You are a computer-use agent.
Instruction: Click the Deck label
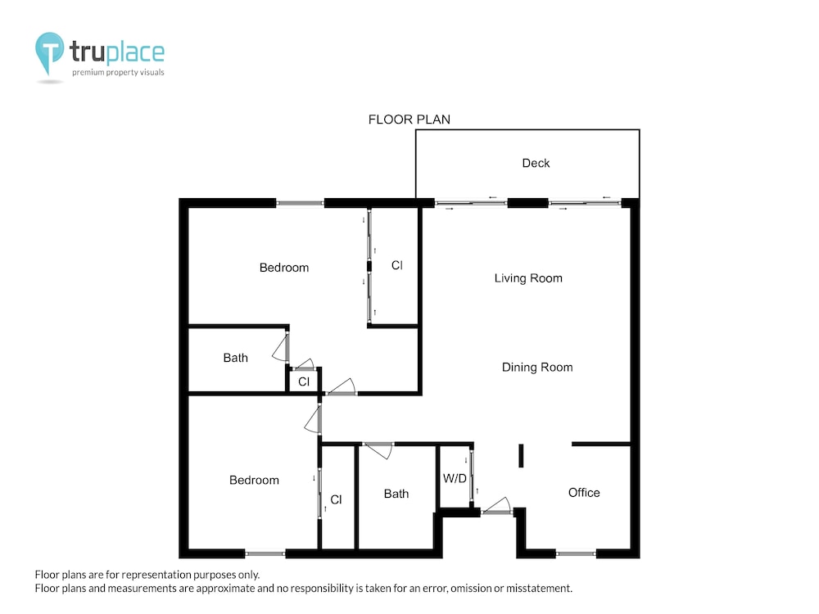536,164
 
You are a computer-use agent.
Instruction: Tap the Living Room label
528,278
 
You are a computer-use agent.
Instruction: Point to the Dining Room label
537,368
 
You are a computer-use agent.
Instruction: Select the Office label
583,493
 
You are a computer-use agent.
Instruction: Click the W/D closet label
455,478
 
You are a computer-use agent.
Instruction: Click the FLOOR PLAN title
409,120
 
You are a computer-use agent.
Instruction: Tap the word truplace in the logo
117,52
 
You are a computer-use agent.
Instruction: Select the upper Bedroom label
283,268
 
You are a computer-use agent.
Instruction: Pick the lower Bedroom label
254,481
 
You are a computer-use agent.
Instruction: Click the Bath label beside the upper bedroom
235,359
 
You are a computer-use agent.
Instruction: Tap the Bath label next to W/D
396,494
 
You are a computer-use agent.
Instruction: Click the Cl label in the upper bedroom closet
397,266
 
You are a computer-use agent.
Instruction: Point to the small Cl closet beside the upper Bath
304,382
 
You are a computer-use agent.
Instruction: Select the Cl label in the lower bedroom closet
336,499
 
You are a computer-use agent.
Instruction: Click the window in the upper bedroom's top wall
300,203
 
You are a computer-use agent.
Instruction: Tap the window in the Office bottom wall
576,553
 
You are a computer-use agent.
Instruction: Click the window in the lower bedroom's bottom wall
265,553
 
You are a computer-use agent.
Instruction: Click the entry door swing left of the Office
496,506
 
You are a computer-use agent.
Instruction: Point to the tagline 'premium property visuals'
118,73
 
